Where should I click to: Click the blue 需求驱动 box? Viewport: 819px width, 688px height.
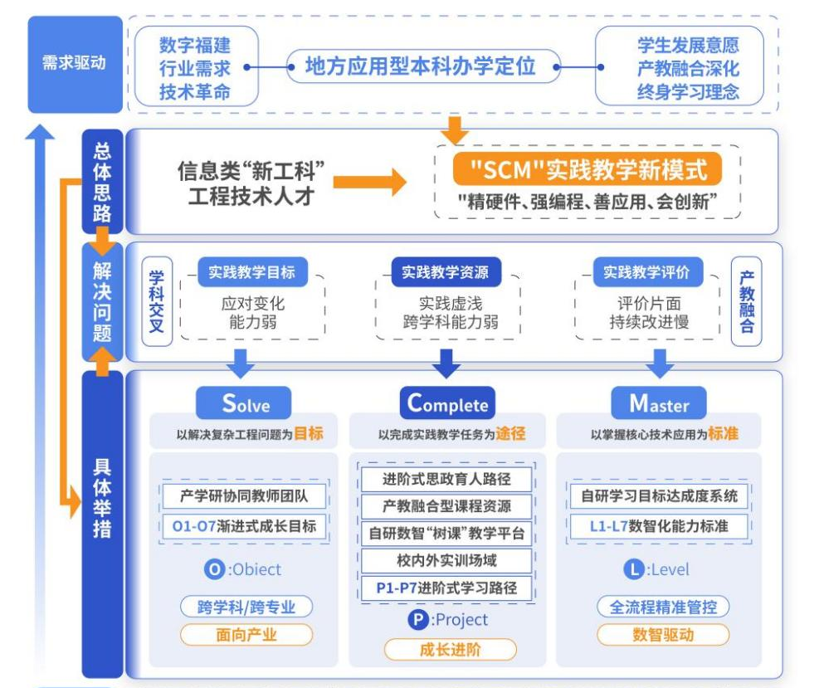coord(75,63)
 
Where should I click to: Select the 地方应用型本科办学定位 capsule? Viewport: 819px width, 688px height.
coord(422,66)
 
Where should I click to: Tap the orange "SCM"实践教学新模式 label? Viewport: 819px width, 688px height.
coord(587,170)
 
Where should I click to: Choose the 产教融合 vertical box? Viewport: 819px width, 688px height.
coord(746,302)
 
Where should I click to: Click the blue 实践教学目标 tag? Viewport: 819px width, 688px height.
coord(246,271)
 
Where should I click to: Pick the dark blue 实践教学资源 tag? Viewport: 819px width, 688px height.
coord(446,271)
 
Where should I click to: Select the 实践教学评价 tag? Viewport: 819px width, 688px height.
coord(647,271)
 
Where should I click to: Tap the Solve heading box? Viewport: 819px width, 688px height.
coord(245,403)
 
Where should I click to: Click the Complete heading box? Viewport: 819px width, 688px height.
coord(446,403)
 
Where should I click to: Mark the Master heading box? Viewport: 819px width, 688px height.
coord(660,403)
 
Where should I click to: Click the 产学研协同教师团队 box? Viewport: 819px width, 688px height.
coord(242,496)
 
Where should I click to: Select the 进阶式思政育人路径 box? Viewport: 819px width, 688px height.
coord(446,479)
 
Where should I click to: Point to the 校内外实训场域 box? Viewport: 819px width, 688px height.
coord(446,560)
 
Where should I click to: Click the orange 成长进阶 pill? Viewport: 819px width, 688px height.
coord(450,649)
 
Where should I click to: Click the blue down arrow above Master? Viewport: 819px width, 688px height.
coord(661,362)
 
